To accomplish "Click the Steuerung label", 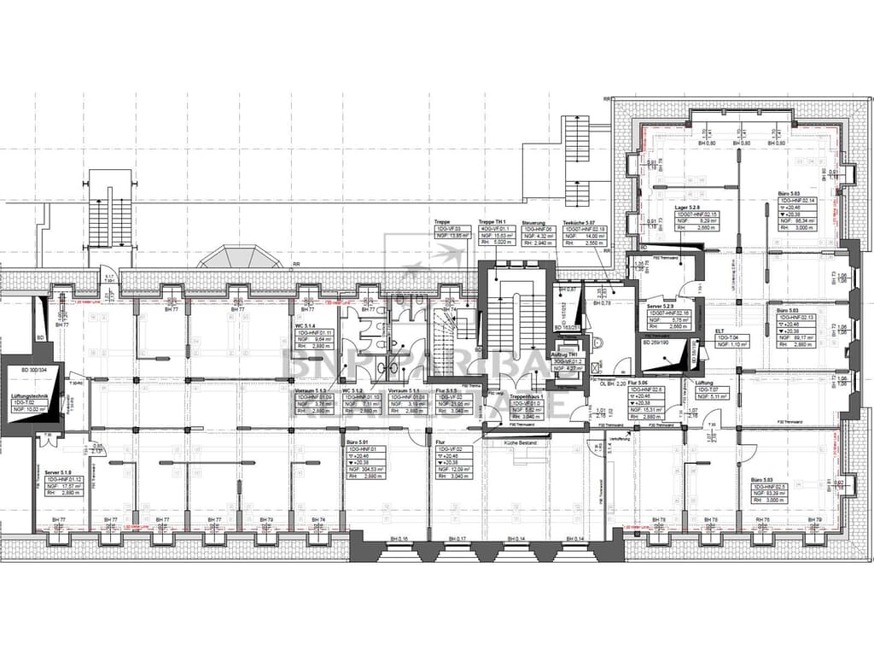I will coord(534,220).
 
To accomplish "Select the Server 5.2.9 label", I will coord(661,306).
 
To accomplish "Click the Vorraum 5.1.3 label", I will coord(311,390).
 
